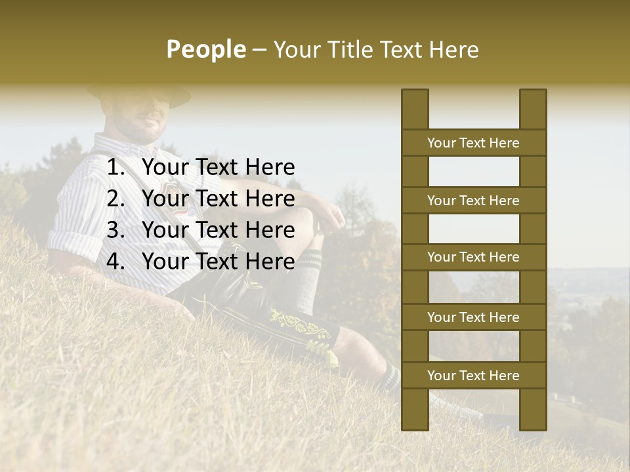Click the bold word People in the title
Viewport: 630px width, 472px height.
[205, 49]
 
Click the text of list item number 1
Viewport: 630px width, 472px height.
[218, 168]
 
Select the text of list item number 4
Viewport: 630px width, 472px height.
[218, 262]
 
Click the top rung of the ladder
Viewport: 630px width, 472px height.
[473, 143]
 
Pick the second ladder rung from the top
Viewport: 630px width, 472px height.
[473, 201]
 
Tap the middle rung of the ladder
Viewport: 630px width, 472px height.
[473, 257]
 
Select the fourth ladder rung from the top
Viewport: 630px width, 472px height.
[473, 317]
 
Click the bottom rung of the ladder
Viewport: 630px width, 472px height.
[473, 376]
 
